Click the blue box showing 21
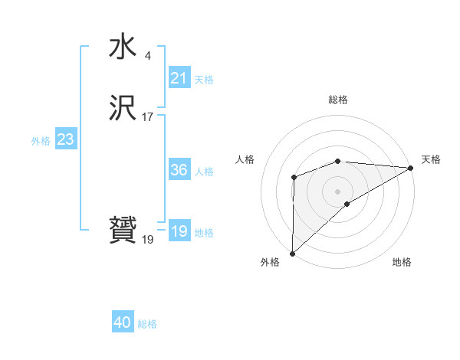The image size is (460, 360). [179, 78]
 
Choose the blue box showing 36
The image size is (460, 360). [179, 170]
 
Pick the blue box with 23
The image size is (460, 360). [65, 139]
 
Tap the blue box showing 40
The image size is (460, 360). [123, 323]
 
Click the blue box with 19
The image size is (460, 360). [179, 231]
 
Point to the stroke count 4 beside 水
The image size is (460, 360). [147, 55]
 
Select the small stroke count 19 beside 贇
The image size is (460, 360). [147, 239]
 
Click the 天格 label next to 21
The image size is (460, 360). [204, 79]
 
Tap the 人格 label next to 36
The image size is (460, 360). [204, 171]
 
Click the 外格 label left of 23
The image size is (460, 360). [41, 140]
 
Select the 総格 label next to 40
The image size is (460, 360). [147, 324]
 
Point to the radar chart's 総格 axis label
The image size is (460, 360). [337, 100]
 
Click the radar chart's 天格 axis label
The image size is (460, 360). [431, 159]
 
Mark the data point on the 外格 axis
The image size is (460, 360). [292, 253]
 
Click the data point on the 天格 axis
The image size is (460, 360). [410, 167]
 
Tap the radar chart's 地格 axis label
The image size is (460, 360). [402, 262]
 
